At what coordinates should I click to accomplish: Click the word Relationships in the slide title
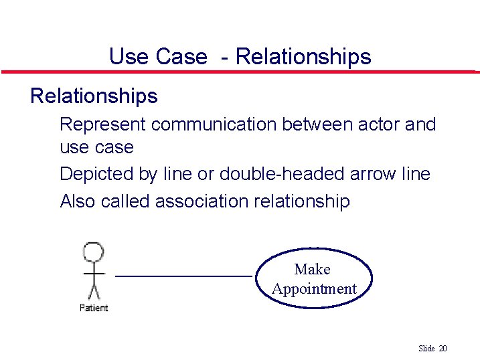(x=303, y=56)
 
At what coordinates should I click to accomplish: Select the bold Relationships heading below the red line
(x=94, y=96)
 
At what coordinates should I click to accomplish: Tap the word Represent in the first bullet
(x=102, y=124)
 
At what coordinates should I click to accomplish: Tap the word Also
(x=78, y=201)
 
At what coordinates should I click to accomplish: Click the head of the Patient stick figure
(x=94, y=252)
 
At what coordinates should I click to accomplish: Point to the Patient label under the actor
(x=94, y=307)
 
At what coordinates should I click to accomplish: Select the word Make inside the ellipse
(x=312, y=269)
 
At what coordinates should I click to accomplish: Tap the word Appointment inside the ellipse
(x=314, y=289)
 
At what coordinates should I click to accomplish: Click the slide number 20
(x=443, y=348)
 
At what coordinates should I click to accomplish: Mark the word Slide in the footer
(x=426, y=348)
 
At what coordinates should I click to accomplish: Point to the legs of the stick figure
(x=94, y=292)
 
